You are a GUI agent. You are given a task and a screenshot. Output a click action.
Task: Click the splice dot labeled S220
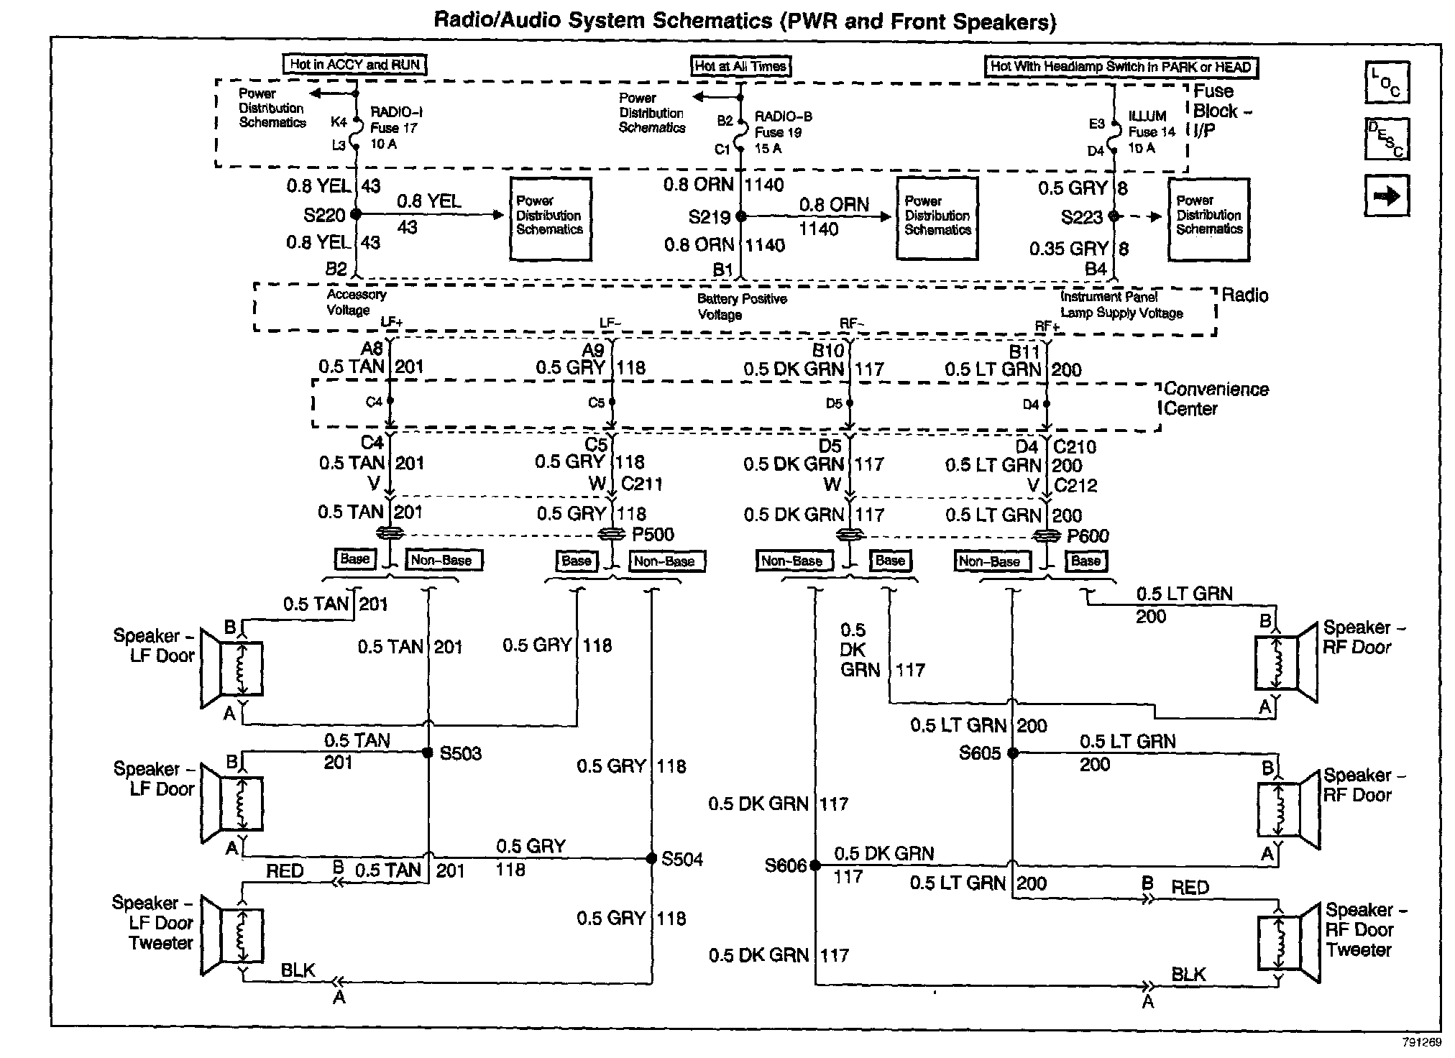coord(356,214)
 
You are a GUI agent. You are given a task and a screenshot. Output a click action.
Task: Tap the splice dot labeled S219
coord(741,216)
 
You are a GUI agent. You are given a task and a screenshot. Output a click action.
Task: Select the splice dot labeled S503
coord(428,753)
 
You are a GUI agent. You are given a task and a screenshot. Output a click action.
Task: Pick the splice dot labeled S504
coord(651,858)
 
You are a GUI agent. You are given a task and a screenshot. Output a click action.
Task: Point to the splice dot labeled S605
coord(1013,753)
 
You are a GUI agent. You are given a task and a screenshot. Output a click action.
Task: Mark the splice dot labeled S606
coord(815,865)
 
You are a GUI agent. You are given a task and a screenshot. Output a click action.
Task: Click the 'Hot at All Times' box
coord(740,67)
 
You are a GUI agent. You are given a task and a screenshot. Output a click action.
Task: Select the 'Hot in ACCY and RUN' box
coord(355,65)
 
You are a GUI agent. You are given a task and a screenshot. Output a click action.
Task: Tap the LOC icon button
coord(1387,83)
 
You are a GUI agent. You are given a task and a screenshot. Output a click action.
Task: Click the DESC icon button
coord(1387,139)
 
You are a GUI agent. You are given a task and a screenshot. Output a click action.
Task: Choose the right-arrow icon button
coord(1387,195)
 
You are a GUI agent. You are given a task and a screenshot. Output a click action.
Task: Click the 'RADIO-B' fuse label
coord(783,116)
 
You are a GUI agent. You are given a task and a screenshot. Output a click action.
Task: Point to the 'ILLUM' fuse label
coord(1147,116)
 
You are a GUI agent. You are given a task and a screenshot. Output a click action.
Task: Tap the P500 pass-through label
coord(653,535)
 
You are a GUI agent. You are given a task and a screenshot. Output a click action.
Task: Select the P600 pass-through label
coord(1088,536)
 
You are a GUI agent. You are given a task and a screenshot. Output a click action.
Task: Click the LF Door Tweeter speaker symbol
coord(230,935)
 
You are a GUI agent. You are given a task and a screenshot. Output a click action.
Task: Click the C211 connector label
coord(642,484)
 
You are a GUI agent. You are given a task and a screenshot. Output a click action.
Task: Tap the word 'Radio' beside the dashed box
coord(1245,296)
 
